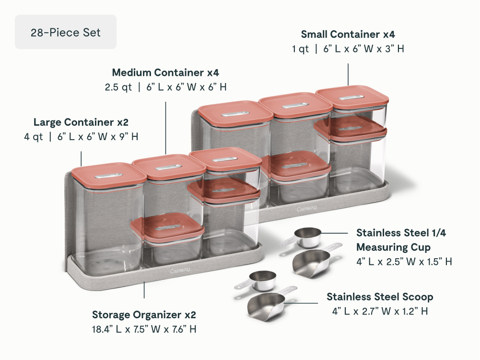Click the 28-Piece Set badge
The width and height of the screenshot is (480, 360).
tap(66, 32)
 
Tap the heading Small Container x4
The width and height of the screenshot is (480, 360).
tap(348, 34)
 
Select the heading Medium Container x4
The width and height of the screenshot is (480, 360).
tap(165, 72)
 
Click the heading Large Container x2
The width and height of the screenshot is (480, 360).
tap(81, 122)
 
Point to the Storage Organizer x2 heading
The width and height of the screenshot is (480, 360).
tap(144, 315)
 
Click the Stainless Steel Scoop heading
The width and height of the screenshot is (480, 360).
tap(380, 297)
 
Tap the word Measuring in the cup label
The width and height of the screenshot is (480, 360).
tap(393, 247)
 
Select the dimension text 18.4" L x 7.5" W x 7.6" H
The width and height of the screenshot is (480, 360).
tap(144, 329)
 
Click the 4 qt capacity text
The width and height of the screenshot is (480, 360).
tap(34, 137)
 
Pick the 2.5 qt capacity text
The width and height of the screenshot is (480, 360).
tap(118, 87)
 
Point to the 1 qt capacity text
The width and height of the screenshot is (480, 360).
tap(300, 48)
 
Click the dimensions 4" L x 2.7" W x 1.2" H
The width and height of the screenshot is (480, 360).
tap(380, 312)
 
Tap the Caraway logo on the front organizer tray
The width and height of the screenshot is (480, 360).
tap(180, 271)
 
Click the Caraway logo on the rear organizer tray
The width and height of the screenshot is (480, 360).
tap(306, 209)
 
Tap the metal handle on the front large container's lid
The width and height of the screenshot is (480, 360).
tap(109, 176)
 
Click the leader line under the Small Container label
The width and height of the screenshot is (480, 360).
tap(348, 74)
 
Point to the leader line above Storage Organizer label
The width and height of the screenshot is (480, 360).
tap(144, 289)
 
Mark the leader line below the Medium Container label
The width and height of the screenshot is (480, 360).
tap(165, 128)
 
